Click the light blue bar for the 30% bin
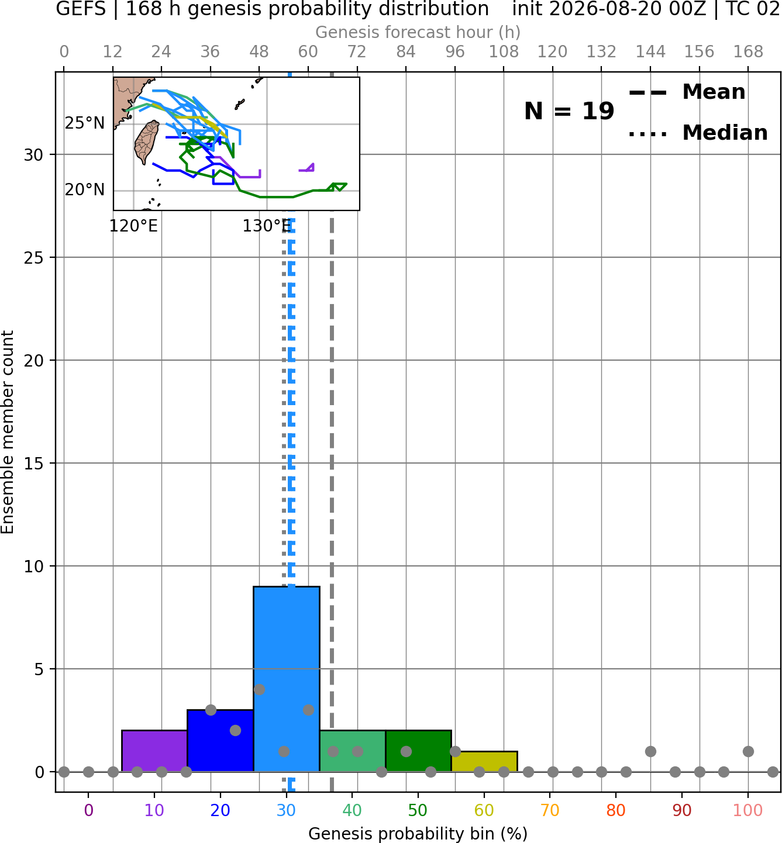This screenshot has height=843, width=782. [286, 679]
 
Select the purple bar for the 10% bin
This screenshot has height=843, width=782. [154, 751]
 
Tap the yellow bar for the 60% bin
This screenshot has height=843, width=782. [484, 761]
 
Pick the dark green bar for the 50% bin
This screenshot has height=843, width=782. [418, 751]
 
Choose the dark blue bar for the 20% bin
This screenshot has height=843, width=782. [221, 741]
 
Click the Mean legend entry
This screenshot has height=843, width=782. [687, 92]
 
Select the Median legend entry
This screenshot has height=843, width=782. [698, 133]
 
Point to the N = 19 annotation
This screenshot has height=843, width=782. [569, 111]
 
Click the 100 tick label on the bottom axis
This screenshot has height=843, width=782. [748, 810]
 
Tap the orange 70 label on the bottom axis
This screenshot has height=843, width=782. [550, 810]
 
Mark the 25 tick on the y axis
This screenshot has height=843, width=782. [33, 258]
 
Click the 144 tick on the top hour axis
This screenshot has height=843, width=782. [650, 52]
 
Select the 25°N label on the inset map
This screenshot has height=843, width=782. [85, 123]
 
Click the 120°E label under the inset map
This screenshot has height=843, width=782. [133, 226]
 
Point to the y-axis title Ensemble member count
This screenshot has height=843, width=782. [7, 432]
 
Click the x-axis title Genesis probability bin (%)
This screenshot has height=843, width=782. [418, 834]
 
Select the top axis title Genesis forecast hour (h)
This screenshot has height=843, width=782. [418, 32]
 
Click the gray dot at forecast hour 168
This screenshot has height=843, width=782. [749, 751]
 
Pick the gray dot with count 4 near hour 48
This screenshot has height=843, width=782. [259, 690]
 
